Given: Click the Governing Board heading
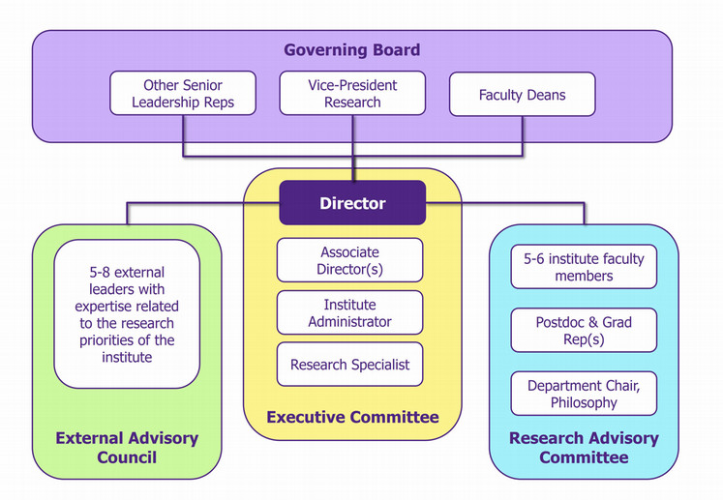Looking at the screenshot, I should click(x=352, y=49).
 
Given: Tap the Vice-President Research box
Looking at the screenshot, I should click(x=352, y=94).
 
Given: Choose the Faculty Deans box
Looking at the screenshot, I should click(x=522, y=95).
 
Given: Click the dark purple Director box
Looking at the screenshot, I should click(x=352, y=203).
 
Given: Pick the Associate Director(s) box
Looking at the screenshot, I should click(x=349, y=260).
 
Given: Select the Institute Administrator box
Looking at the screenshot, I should click(x=349, y=312).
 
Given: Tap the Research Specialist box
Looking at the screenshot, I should click(x=349, y=365).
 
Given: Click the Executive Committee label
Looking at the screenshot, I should click(x=352, y=418).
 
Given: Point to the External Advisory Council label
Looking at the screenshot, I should click(x=127, y=447).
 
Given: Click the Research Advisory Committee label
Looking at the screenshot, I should click(x=584, y=447).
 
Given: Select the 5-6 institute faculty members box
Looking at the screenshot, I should click(x=583, y=267).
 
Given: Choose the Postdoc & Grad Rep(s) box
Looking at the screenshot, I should click(x=583, y=331).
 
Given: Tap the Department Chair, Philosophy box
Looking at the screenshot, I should click(x=583, y=394).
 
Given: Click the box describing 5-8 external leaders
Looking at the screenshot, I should click(x=127, y=314).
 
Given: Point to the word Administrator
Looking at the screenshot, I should click(x=349, y=321).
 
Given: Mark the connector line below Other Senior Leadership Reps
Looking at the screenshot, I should click(x=183, y=135).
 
